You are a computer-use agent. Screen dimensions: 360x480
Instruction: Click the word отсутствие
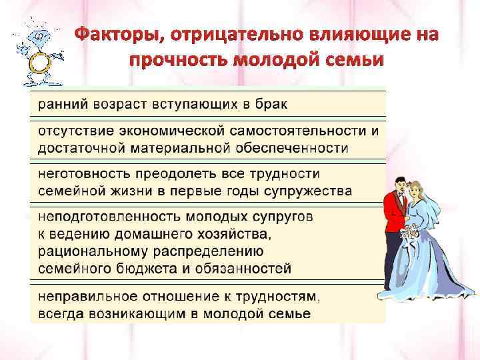[75, 130]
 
